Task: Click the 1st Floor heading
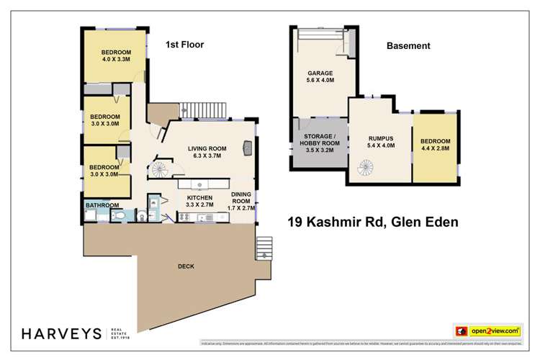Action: [185, 45]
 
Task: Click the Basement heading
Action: [408, 45]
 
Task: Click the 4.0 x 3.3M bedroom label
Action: [115, 56]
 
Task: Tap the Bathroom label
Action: [102, 205]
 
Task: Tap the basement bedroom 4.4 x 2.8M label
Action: [436, 145]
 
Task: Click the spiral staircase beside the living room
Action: [159, 170]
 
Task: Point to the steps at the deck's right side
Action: [264, 248]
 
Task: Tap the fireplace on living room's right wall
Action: [248, 148]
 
